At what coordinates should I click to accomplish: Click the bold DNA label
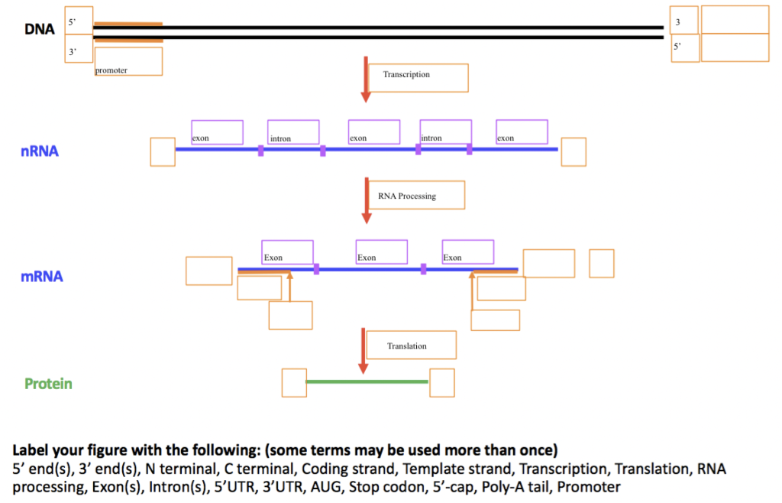(39, 30)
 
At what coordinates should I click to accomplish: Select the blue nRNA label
(40, 151)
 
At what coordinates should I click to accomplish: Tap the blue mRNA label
(42, 277)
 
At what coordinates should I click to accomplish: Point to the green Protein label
(48, 384)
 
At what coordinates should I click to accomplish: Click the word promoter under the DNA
(111, 70)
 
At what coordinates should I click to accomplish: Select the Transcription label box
(428, 77)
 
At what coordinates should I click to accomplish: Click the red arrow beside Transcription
(366, 79)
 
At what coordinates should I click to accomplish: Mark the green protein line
(367, 381)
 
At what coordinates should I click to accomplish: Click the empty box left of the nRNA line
(163, 151)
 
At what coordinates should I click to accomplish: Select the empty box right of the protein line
(441, 382)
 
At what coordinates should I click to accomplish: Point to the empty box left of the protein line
(294, 382)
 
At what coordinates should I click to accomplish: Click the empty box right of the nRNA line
(574, 151)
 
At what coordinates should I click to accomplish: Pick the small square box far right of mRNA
(601, 263)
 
